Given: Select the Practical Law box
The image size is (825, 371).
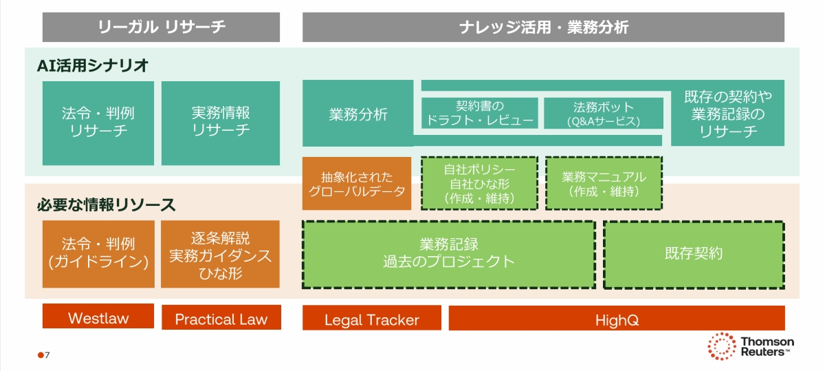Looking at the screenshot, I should pyautogui.click(x=221, y=317).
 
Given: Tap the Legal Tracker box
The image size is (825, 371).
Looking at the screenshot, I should pyautogui.click(x=371, y=318).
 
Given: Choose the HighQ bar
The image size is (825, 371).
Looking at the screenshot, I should pyautogui.click(x=616, y=318).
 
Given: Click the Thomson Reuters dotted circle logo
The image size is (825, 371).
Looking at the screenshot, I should pyautogui.click(x=722, y=346).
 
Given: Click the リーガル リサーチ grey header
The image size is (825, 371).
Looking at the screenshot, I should pyautogui.click(x=161, y=28).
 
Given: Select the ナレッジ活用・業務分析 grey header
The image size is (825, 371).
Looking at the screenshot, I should pyautogui.click(x=543, y=28).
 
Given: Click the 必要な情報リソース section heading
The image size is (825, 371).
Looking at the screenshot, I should pyautogui.click(x=107, y=204).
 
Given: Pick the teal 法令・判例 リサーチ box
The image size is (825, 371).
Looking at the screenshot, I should pyautogui.click(x=98, y=123).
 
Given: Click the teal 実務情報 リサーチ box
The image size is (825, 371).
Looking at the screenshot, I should pyautogui.click(x=221, y=123).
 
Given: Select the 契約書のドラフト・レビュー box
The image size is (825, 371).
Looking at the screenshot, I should pyautogui.click(x=479, y=114).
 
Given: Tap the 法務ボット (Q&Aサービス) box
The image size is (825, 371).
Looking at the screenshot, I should pyautogui.click(x=603, y=114).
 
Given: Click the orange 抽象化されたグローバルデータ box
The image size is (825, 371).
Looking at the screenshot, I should pyautogui.click(x=356, y=183).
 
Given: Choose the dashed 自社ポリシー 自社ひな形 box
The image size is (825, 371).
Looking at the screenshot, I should pyautogui.click(x=479, y=183).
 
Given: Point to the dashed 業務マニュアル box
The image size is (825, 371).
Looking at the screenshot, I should pyautogui.click(x=603, y=183).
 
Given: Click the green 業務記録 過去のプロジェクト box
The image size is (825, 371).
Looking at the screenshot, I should pyautogui.click(x=448, y=253).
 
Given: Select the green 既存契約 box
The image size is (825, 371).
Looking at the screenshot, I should pyautogui.click(x=693, y=253).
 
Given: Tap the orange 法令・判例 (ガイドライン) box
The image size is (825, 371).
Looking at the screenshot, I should pyautogui.click(x=98, y=253).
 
